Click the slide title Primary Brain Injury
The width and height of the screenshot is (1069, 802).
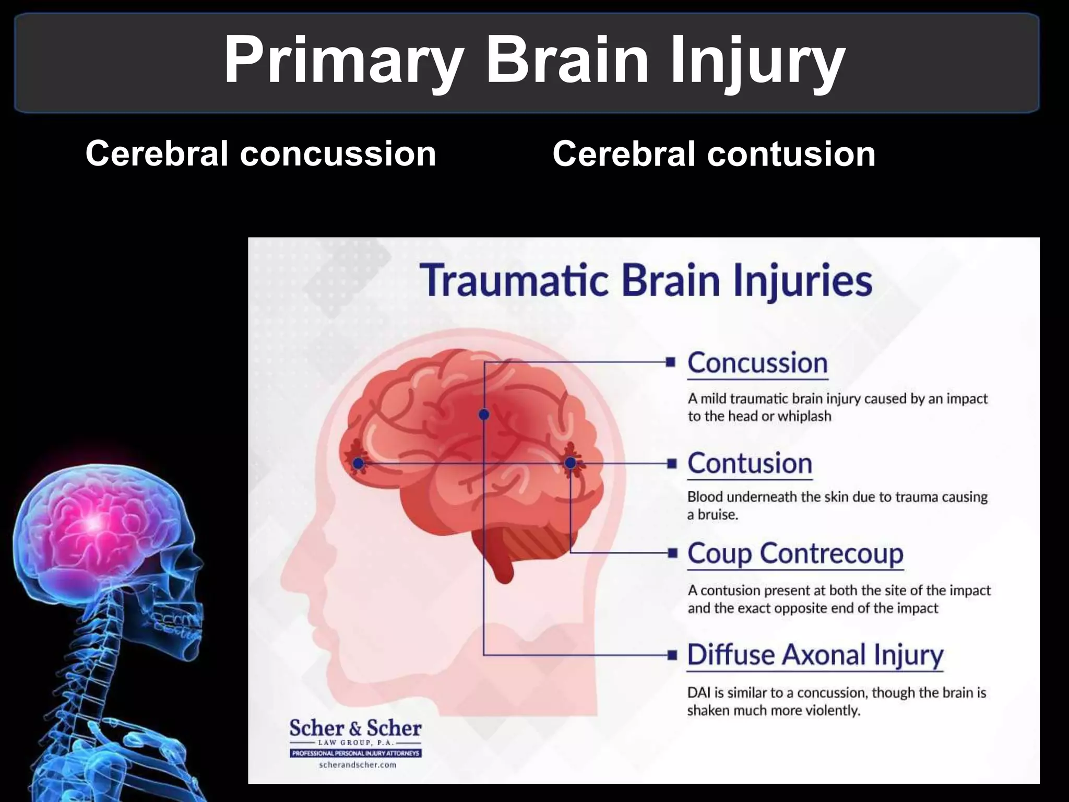coord(534,60)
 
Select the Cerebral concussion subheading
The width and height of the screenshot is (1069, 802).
coord(260,154)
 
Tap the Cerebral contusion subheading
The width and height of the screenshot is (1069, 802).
coord(714,154)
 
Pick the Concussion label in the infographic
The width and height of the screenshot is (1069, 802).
coord(757,363)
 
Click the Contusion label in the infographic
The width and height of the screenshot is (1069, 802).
coord(750,464)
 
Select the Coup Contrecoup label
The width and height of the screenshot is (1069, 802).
coord(795,553)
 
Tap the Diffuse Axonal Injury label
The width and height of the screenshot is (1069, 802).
coord(815,655)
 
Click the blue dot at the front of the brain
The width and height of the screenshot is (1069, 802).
coord(358,463)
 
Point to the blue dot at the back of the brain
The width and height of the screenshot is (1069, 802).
coord(571,463)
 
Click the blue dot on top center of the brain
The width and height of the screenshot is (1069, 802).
coord(484,415)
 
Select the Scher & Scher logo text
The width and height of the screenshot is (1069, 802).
coord(355,728)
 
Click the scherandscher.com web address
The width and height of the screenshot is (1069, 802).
coord(357,765)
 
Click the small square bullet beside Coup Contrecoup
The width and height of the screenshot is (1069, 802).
coord(672,553)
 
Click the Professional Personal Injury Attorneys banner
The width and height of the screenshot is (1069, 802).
coord(356,753)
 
